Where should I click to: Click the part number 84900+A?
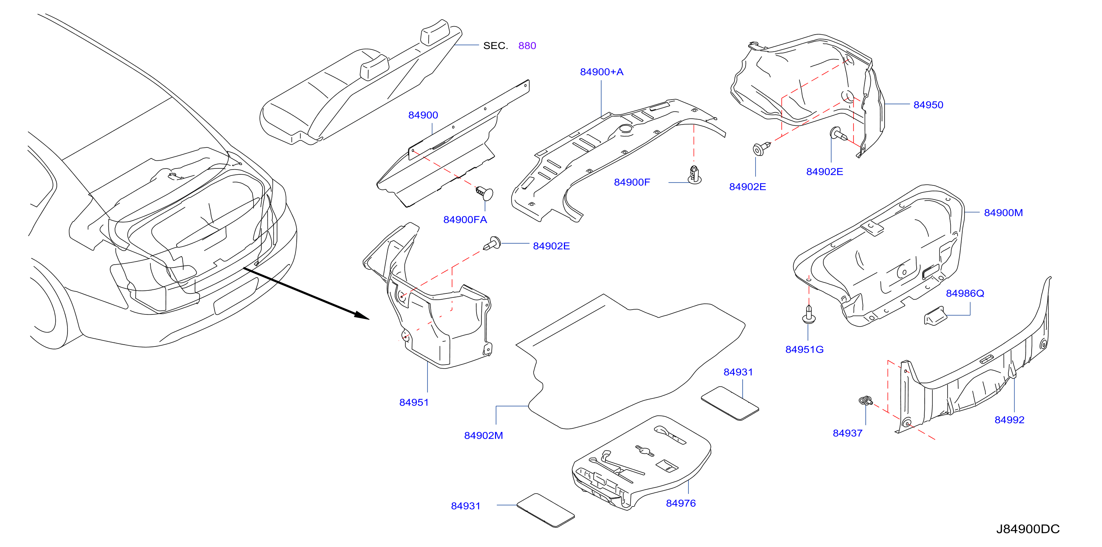point(601,72)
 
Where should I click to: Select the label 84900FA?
point(465,219)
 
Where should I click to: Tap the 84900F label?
point(632,182)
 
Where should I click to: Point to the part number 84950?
point(928,105)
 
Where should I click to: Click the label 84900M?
point(1003,213)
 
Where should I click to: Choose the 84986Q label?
point(965,293)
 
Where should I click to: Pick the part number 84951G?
point(804,349)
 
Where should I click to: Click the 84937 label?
point(847,433)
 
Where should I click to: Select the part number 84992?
point(1009,419)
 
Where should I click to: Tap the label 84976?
point(681,504)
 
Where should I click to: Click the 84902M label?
point(484,435)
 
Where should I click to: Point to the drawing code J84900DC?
point(1028,529)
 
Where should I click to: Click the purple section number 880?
point(527,46)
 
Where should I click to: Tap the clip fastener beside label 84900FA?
point(485,193)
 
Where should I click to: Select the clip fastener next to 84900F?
point(694,174)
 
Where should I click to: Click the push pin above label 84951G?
point(809,314)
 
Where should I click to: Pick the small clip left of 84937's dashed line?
point(866,401)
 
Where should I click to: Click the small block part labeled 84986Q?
point(935,316)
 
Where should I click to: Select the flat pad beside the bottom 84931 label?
point(545,510)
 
